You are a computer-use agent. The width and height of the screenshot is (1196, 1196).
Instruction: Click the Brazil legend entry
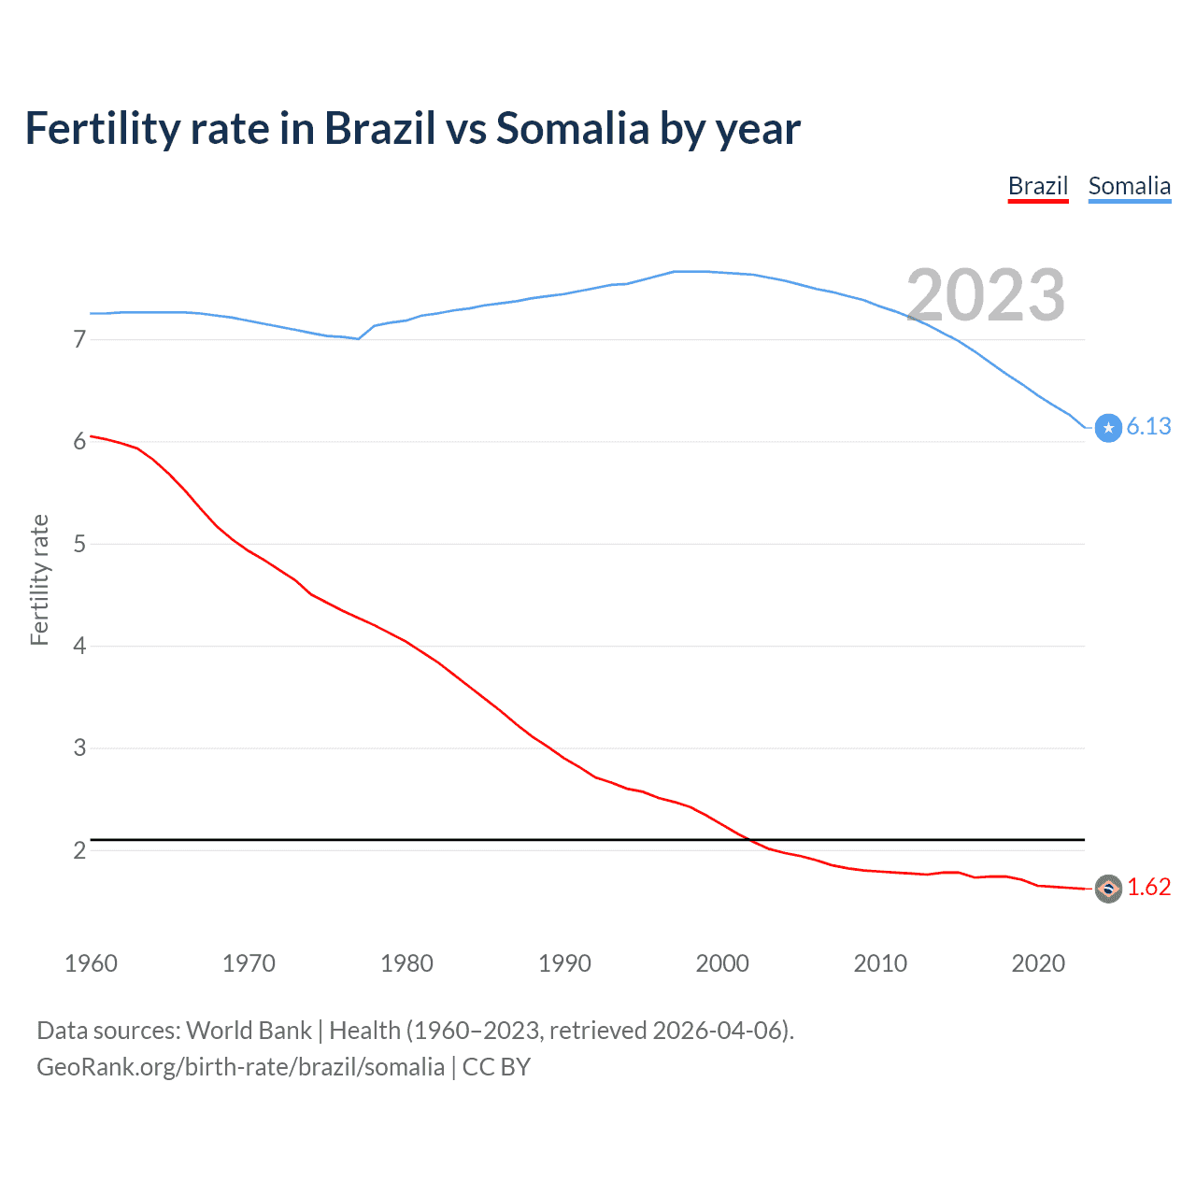pyautogui.click(x=1037, y=186)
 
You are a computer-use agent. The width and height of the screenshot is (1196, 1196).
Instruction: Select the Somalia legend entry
pyautogui.click(x=1129, y=186)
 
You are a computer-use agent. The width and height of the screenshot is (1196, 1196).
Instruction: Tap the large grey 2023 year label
pyautogui.click(x=986, y=295)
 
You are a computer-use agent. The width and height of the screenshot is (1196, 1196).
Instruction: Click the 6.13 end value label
pyautogui.click(x=1148, y=426)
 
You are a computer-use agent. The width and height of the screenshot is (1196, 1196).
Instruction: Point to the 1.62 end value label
pyautogui.click(x=1148, y=887)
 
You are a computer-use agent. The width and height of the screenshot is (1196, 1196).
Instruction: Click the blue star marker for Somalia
pyautogui.click(x=1108, y=428)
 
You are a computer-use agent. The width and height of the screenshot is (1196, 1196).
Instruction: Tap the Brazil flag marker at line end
pyautogui.click(x=1108, y=889)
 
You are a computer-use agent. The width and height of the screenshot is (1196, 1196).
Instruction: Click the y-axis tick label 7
pyautogui.click(x=79, y=339)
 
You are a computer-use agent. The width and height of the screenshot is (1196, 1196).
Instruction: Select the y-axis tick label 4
pyautogui.click(x=79, y=646)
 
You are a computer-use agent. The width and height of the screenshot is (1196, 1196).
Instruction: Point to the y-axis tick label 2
pyautogui.click(x=79, y=850)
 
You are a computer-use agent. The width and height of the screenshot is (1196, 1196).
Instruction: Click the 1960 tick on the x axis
pyautogui.click(x=91, y=963)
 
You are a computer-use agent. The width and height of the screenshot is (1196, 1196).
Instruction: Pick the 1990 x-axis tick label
pyautogui.click(x=564, y=963)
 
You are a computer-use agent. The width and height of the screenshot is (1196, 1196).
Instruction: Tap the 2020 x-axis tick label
pyautogui.click(x=1038, y=963)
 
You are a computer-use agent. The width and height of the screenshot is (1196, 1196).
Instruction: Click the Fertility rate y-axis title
pyautogui.click(x=39, y=579)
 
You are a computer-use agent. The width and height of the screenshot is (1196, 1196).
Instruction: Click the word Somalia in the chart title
pyautogui.click(x=572, y=128)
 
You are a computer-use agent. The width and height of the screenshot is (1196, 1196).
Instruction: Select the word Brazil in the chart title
pyautogui.click(x=379, y=128)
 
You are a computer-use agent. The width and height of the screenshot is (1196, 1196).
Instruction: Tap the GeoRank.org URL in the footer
pyautogui.click(x=240, y=1067)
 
